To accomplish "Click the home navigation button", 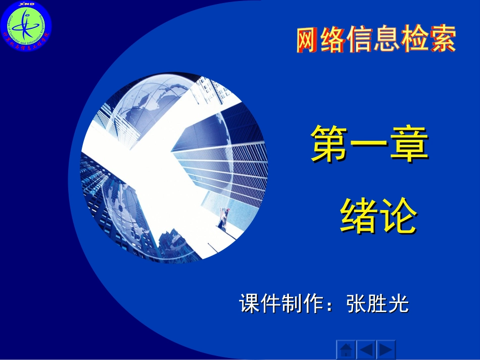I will (346, 349).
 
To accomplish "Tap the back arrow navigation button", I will (366, 349).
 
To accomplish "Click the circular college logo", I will (26, 27).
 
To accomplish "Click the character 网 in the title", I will (309, 40).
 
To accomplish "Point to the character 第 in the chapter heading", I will (330, 144).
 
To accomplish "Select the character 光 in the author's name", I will (399, 304).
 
